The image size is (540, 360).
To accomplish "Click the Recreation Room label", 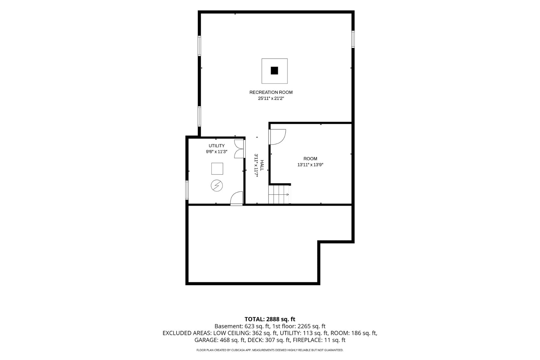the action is [271, 92].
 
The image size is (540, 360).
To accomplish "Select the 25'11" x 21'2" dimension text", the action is [271, 98].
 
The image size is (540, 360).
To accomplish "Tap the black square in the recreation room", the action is [274, 70].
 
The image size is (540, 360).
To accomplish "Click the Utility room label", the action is [217, 146].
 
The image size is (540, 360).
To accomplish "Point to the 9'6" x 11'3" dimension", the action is [217, 152].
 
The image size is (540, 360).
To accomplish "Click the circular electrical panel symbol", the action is [217, 185].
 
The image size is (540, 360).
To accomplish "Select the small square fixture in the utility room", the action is [217, 169].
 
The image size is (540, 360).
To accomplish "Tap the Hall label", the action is [262, 165].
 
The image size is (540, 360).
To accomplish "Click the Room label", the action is [310, 159].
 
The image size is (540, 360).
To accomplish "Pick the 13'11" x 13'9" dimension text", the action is [310, 165].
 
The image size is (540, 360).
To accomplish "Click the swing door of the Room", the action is [277, 137].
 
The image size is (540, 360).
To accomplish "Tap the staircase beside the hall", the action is [279, 194].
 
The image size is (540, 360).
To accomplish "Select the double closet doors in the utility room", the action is [240, 149].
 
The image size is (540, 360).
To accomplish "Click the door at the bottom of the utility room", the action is [236, 199].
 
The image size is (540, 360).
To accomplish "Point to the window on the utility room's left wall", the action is [187, 190].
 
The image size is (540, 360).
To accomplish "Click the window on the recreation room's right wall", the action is [353, 39].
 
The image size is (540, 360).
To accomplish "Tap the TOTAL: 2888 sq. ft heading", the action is [270, 319].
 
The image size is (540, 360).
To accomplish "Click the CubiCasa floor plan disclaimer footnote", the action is [270, 350].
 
